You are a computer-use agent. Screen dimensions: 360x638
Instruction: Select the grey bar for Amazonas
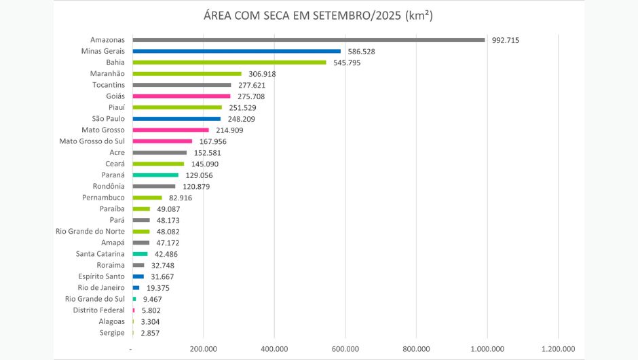click(309, 40)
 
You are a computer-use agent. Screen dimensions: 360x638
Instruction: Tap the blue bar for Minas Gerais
click(237, 51)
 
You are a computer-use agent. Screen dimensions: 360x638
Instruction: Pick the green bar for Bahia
click(229, 62)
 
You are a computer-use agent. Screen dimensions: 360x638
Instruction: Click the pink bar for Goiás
click(182, 96)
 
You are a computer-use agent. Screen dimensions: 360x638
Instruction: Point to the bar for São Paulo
click(176, 119)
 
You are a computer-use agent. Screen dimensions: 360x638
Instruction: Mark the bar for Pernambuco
click(147, 198)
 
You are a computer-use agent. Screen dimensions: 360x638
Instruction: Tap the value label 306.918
click(261, 74)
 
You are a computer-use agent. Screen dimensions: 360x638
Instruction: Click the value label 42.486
click(166, 254)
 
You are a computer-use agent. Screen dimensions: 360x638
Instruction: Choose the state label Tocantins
click(108, 85)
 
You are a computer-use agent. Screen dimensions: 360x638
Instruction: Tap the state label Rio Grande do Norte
click(90, 232)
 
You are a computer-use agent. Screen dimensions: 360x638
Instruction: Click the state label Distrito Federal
click(98, 310)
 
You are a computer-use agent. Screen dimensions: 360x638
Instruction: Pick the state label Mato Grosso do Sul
click(92, 141)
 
